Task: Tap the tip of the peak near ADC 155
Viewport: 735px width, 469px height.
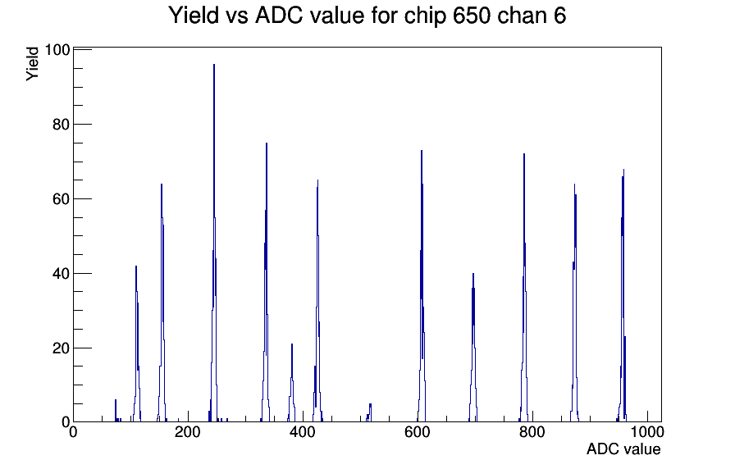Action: click(162, 184)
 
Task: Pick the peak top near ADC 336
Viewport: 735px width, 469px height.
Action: click(267, 143)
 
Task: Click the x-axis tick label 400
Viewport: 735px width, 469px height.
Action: click(303, 432)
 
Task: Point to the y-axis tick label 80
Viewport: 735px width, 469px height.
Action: click(60, 125)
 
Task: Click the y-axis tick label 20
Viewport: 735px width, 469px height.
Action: click(60, 348)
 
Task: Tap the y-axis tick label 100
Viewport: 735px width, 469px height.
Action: click(57, 50)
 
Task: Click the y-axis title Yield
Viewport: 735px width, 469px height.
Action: click(32, 64)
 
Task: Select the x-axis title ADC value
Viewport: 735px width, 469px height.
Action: click(623, 449)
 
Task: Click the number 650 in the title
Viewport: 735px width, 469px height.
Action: click(472, 16)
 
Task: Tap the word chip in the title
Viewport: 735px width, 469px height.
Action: click(425, 16)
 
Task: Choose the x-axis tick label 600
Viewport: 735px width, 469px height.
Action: click(418, 432)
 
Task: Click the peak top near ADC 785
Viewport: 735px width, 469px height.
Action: click(524, 154)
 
